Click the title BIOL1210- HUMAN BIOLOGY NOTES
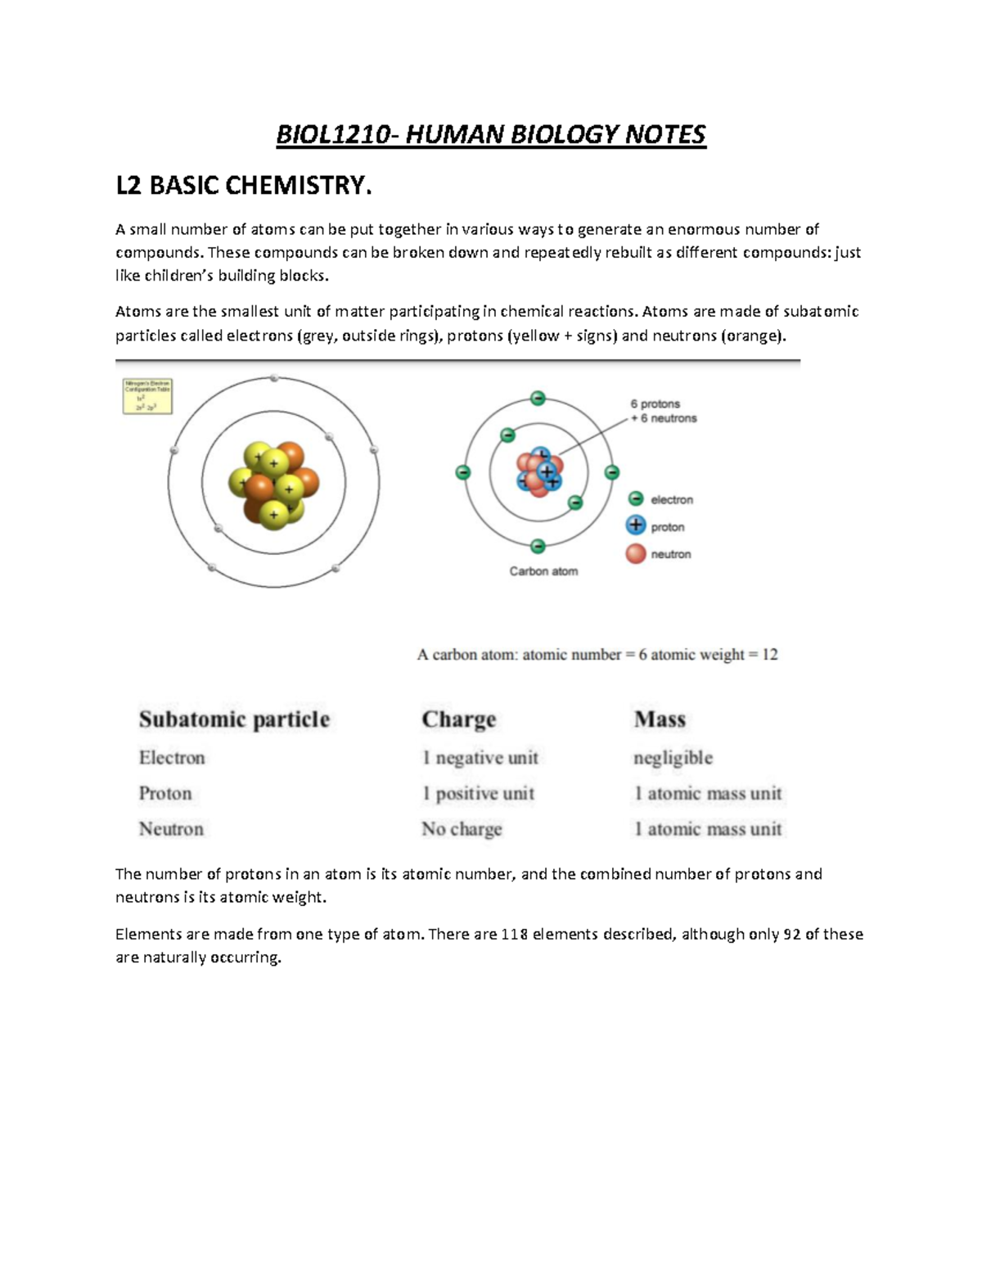tap(490, 134)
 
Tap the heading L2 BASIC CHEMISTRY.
tap(243, 186)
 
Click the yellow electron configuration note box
tap(147, 396)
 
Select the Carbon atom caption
tap(543, 571)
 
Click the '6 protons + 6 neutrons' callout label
tap(663, 411)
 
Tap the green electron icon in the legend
tap(636, 499)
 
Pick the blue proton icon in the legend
tap(636, 526)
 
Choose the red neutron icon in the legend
tap(636, 554)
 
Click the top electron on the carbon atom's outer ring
tap(538, 399)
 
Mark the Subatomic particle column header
tap(234, 719)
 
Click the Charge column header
tap(458, 719)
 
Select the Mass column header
tap(660, 719)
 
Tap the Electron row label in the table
tap(172, 758)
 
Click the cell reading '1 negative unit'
tap(480, 758)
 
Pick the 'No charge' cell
tap(462, 829)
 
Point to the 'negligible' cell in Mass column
tap(673, 758)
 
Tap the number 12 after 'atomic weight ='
tap(769, 655)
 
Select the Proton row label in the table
tap(165, 793)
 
